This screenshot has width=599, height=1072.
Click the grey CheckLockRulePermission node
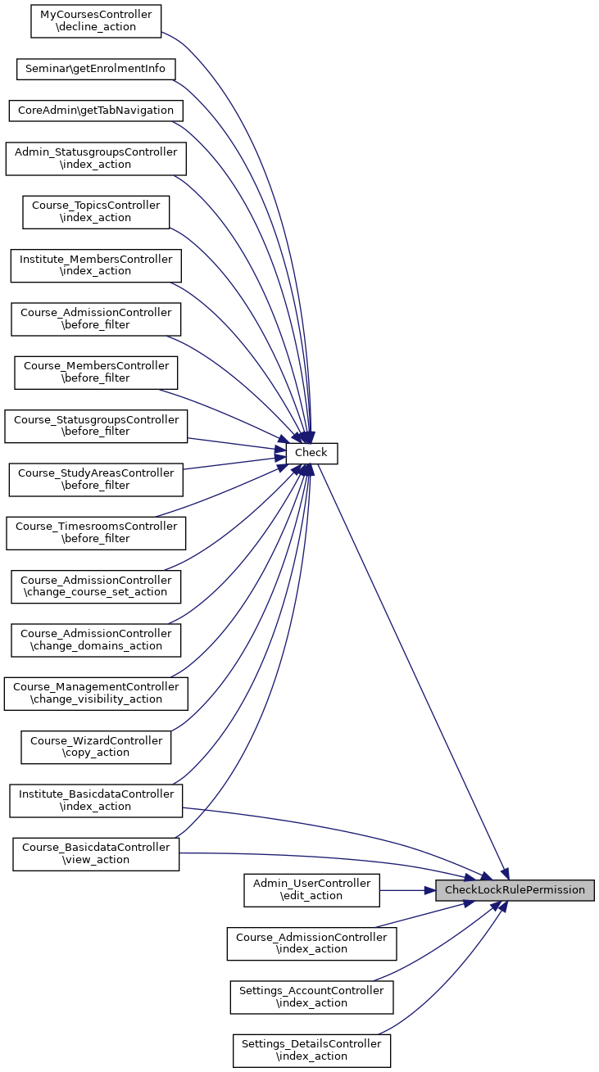[x=515, y=890]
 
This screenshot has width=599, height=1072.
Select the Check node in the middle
[x=311, y=453]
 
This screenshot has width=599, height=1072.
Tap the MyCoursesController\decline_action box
[x=96, y=21]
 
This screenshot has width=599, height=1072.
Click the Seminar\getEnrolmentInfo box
[x=96, y=69]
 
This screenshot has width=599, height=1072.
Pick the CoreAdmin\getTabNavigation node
[x=96, y=111]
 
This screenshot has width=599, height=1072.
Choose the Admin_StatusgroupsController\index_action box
[x=96, y=158]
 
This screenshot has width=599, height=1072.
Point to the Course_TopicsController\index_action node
[x=96, y=212]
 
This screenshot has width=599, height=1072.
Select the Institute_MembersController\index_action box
[x=96, y=265]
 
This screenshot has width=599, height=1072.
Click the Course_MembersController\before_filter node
[x=96, y=373]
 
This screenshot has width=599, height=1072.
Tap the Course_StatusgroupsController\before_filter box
[x=96, y=426]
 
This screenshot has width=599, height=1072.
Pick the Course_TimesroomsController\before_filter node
[x=96, y=533]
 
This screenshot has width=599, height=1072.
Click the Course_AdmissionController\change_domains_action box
[x=96, y=640]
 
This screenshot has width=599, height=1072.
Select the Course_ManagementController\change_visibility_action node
[x=96, y=694]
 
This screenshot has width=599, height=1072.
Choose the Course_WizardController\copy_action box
[x=96, y=747]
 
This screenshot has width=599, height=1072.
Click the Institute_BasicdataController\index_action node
[x=96, y=801]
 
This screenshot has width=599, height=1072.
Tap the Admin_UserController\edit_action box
[x=311, y=890]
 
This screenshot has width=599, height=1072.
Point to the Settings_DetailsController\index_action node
[x=311, y=1051]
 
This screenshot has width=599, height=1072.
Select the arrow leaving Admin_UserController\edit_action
[x=407, y=890]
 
